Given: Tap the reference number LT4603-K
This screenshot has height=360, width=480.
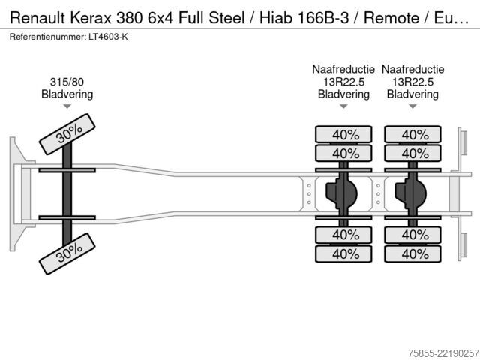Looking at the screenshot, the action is point(108,37).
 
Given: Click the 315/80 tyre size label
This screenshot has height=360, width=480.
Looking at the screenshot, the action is point(67,82).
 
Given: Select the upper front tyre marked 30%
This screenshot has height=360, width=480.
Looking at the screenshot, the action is point(67,134).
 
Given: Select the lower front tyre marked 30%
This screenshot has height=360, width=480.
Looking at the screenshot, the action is point(67,253).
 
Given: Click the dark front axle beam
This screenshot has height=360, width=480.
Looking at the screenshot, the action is point(67,194).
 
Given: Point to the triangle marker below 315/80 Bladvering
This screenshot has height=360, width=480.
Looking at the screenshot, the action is point(67,106).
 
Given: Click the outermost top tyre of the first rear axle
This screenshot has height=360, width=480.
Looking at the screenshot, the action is point(343,134).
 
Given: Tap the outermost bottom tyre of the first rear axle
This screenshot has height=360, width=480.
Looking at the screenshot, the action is point(343,253).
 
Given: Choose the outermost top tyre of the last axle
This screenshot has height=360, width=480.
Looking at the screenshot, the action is point(412,134).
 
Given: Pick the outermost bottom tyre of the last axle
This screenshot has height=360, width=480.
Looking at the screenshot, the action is point(412,253).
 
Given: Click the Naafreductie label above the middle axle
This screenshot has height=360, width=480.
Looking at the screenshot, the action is point(343,69).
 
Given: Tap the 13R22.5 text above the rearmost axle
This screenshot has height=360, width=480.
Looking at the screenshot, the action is point(412,82).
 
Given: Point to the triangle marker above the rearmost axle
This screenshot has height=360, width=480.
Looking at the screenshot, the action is point(412,106).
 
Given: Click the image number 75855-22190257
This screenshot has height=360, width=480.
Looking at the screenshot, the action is point(443,353).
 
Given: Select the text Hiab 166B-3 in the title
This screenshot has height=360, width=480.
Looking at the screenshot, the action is point(304,18).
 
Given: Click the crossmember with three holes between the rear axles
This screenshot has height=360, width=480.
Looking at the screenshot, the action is point(378,193).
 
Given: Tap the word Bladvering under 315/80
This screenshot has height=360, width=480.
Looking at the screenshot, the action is point(67,94).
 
